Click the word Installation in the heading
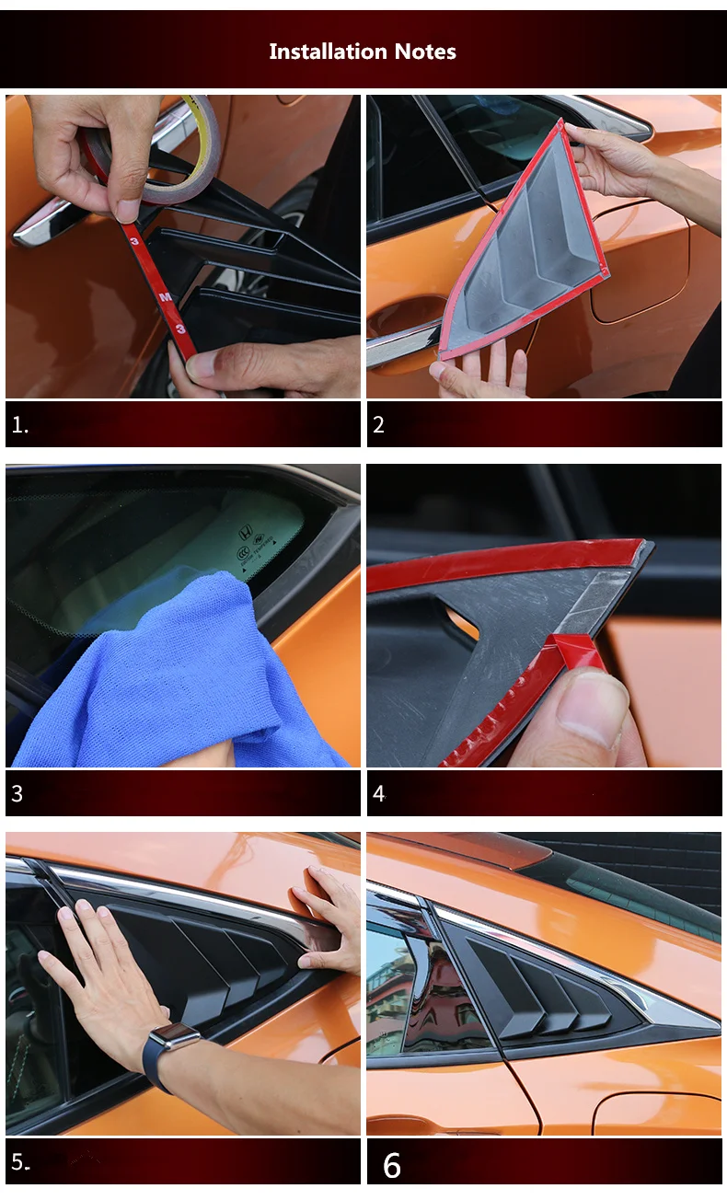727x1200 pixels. click(x=329, y=52)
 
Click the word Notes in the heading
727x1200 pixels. click(x=425, y=52)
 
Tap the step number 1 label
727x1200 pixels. click(x=20, y=425)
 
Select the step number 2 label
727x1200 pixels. click(x=378, y=425)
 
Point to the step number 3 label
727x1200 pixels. click(x=17, y=793)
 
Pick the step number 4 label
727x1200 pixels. click(x=379, y=793)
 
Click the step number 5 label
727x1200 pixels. click(x=20, y=1162)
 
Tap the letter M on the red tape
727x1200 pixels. click(x=166, y=296)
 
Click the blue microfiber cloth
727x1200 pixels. click(x=171, y=680)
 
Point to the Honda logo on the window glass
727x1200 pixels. click(x=246, y=533)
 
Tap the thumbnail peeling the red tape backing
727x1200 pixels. click(x=591, y=707)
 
